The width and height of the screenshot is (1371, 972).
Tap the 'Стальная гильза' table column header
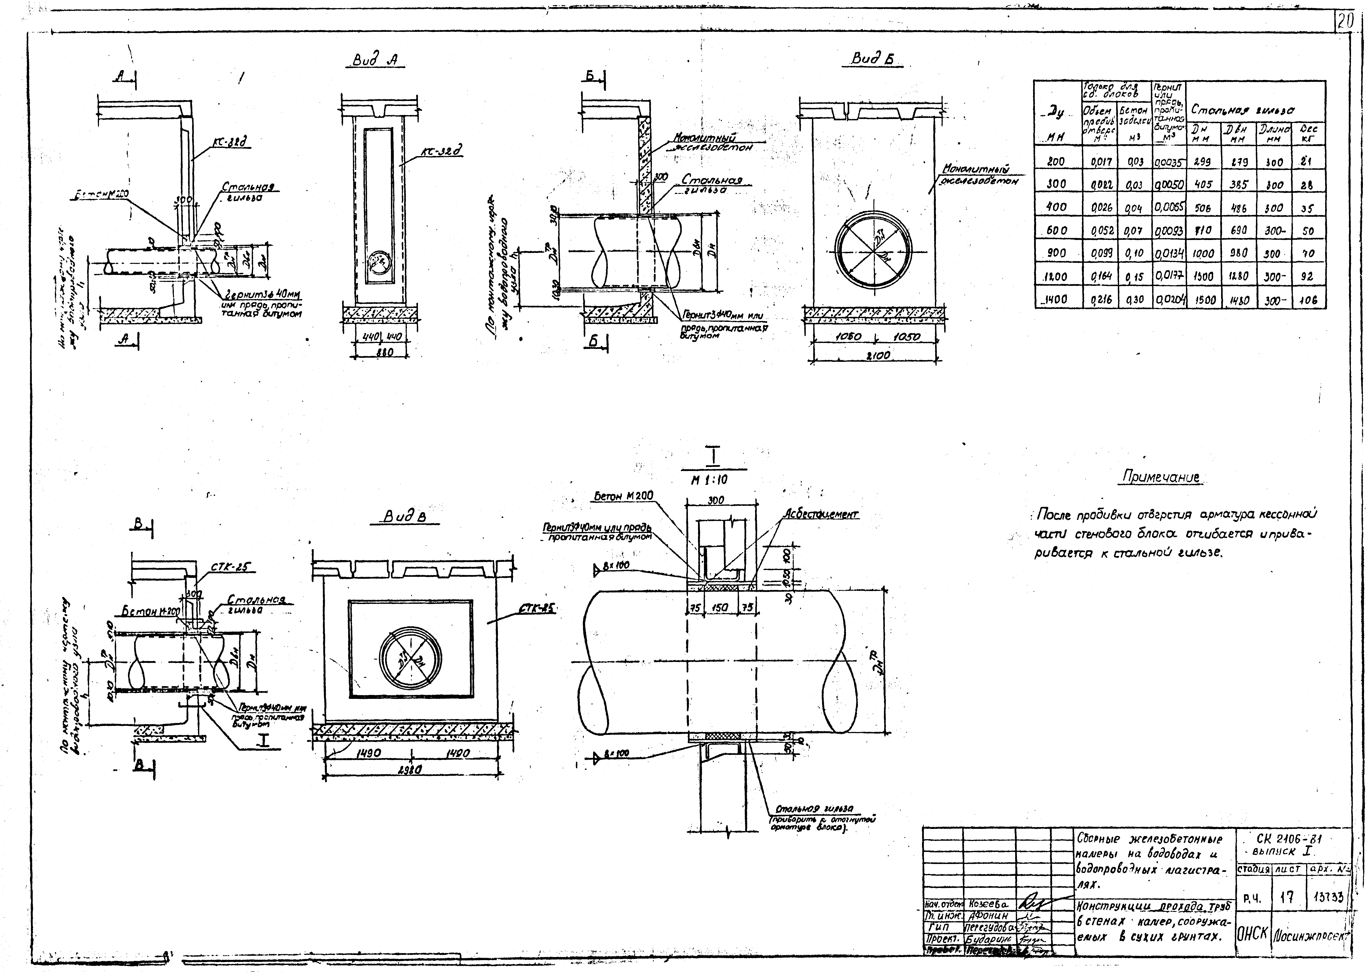pos(1243,110)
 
